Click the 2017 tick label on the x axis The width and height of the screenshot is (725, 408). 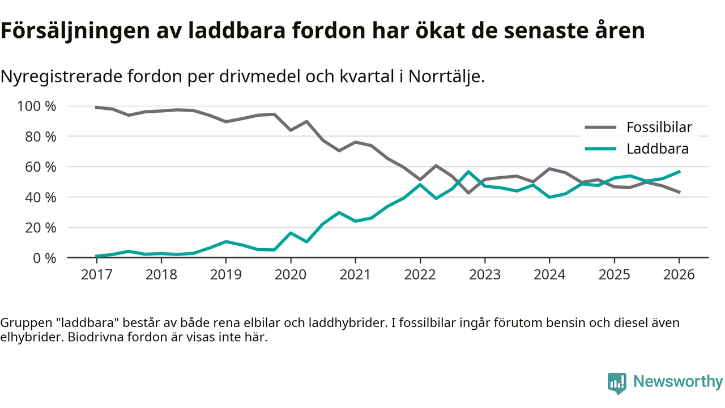(96, 274)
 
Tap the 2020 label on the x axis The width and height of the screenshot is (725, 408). (291, 274)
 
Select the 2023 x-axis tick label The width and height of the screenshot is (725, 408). (485, 274)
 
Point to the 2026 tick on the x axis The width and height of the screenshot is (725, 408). (679, 274)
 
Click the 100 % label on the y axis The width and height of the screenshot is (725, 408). (37, 107)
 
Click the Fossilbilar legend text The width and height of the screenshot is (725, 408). (659, 127)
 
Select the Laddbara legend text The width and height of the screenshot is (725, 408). (657, 149)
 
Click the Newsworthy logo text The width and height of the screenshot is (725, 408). (678, 381)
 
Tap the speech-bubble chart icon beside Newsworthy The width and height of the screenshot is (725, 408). (617, 382)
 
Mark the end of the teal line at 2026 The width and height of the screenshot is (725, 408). (679, 172)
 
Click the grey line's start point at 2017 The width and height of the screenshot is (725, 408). (97, 107)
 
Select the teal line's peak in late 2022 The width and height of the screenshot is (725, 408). (468, 172)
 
